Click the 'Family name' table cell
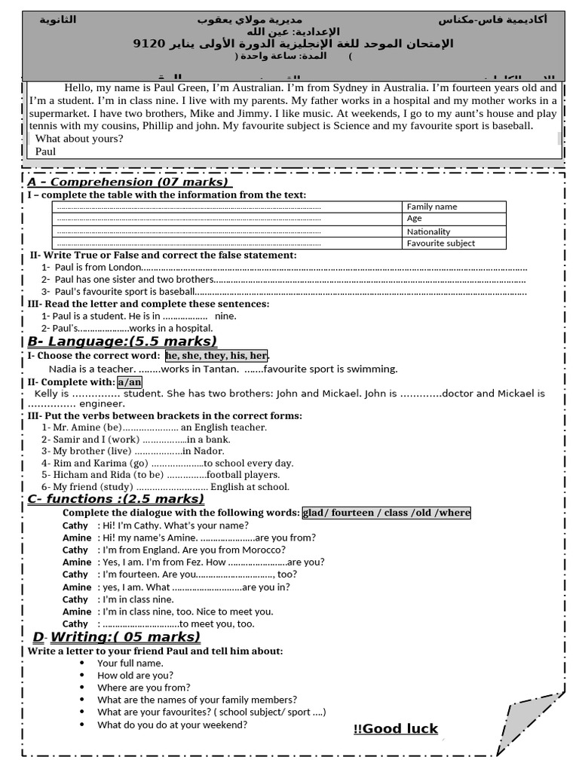pos(453,207)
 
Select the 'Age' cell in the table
pos(453,219)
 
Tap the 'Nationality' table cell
pos(453,231)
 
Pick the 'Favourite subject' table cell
pos(453,243)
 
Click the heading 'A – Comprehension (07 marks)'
pos(129,182)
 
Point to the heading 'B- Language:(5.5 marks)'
pos(122,342)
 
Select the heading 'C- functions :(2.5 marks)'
pos(115,499)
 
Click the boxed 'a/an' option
pos(129,382)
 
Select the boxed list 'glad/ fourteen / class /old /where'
pos(386,513)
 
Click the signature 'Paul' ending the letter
pos(45,151)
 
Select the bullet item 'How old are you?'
pos(135,675)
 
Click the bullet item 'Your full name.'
pos(130,663)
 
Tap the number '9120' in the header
pos(148,43)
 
